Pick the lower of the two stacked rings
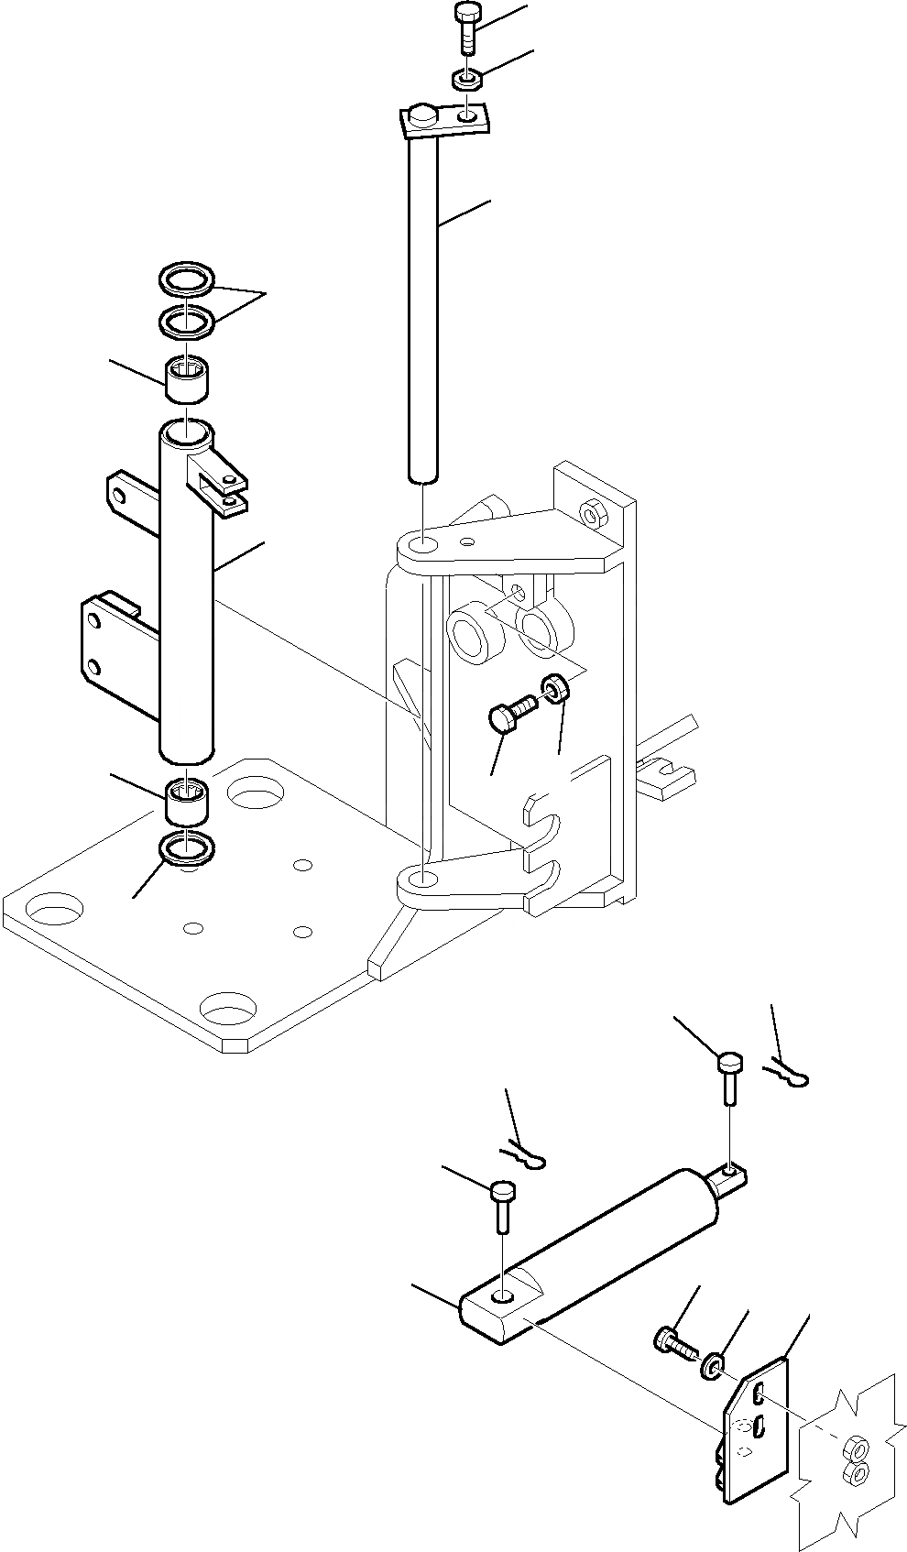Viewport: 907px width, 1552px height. click(187, 322)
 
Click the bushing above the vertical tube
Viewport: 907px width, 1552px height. click(187, 379)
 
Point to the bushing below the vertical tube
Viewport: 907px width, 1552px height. click(187, 800)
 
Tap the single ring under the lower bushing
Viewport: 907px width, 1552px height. click(189, 848)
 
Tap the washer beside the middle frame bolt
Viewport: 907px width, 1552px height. click(556, 687)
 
